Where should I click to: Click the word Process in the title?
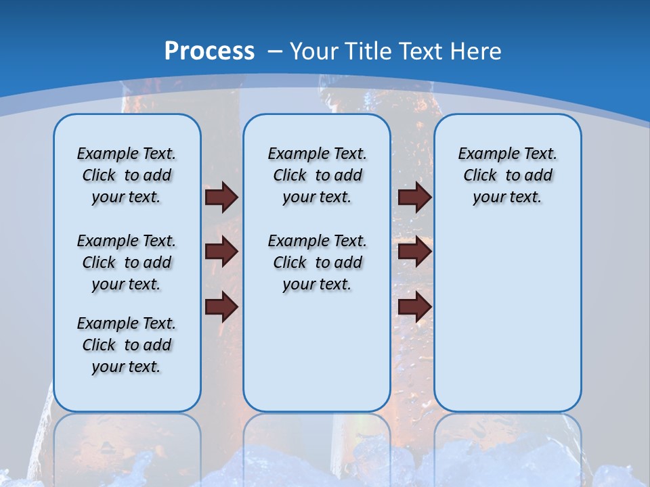209,51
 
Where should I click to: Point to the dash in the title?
275,51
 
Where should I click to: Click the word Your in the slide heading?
315,51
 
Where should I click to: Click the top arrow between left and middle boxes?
221,197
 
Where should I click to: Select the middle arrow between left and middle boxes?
221,252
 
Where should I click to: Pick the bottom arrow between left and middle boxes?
221,307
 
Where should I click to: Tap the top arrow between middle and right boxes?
414,197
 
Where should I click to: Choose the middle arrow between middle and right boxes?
414,252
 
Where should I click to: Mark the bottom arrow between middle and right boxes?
414,307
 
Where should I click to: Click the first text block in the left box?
127,175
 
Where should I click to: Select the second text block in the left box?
127,262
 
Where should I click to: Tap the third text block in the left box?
127,345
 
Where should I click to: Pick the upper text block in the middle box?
317,175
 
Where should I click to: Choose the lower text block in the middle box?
317,262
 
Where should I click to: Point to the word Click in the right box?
480,176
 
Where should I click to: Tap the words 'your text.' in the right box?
507,198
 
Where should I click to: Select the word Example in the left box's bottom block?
102,323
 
